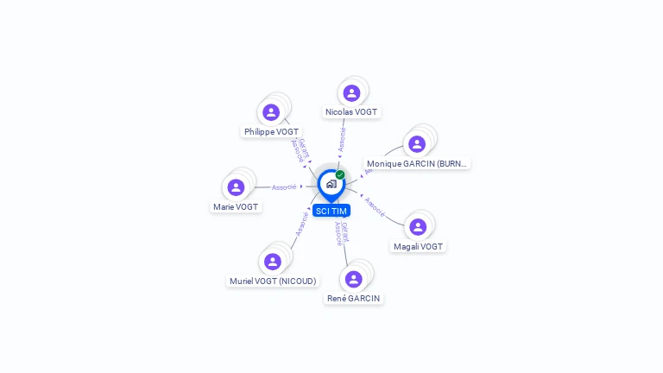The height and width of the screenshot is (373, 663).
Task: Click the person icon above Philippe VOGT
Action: point(271,112)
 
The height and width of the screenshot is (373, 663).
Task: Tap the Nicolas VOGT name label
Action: point(351,112)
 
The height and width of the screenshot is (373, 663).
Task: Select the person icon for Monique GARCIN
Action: point(417,144)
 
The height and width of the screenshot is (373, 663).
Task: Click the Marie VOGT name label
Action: point(236,207)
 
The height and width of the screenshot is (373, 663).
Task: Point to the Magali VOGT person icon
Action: point(418,227)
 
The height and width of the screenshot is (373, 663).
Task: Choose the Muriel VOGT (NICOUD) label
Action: point(273,281)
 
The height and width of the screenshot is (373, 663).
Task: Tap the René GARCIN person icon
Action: point(353,279)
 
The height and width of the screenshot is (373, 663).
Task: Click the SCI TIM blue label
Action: point(331,211)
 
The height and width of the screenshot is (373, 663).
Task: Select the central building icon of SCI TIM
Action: point(331,184)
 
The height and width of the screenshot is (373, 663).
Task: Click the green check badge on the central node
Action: point(340,174)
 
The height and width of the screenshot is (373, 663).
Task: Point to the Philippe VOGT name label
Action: point(271,132)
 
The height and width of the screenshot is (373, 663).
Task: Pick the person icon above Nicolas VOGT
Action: point(351,92)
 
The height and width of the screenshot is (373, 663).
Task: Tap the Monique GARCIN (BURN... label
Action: point(417,163)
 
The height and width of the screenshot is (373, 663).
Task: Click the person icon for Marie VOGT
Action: point(236,187)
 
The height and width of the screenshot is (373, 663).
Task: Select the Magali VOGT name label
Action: point(418,247)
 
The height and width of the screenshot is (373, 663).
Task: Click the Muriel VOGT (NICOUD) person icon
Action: point(273,261)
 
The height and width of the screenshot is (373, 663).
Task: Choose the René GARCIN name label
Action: point(353,299)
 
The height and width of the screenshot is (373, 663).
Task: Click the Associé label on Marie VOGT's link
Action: point(284,187)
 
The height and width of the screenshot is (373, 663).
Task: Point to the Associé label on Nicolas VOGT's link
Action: point(343,138)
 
